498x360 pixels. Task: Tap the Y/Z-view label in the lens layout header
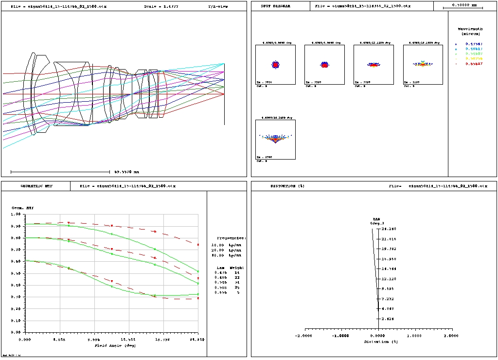pos(218,7)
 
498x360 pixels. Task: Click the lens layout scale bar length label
pos(126,172)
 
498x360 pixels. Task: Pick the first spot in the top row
pos(275,64)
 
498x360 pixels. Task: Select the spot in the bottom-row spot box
pos(275,139)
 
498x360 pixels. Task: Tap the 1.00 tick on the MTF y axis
pos(16,214)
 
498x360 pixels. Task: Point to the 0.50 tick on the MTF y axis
pos(16,273)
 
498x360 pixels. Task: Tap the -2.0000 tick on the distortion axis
pos(304,335)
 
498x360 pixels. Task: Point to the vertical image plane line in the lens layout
pos(224,112)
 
